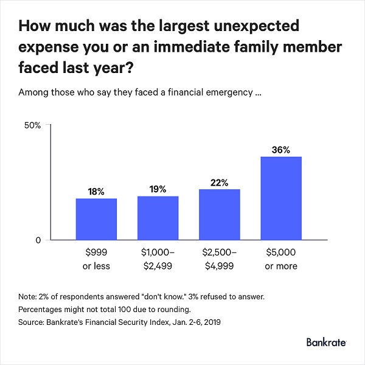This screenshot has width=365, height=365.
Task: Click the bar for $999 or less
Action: (x=96, y=219)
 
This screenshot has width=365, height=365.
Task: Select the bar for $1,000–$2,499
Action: (x=158, y=218)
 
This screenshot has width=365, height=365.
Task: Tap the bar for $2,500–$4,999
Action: (x=220, y=214)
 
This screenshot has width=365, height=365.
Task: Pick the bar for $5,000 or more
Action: (x=281, y=198)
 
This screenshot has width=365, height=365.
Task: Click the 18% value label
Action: (x=96, y=192)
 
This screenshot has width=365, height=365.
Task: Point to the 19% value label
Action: (x=158, y=189)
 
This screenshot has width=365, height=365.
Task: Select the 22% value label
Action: (x=220, y=182)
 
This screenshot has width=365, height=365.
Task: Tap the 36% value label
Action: (x=281, y=150)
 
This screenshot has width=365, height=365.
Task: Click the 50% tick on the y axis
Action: (x=32, y=125)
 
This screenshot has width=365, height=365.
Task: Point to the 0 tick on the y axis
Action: (x=37, y=240)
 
